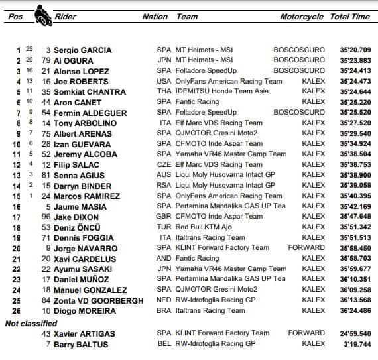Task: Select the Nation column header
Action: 155,17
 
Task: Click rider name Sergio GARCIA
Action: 84,50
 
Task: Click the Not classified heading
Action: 31,324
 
